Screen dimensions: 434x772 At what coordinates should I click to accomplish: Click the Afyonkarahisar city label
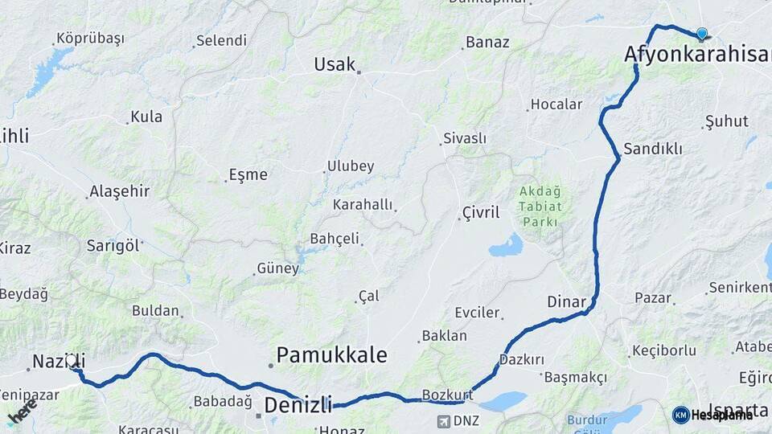tap(696, 55)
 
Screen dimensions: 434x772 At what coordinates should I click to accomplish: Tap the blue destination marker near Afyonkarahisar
tap(701, 34)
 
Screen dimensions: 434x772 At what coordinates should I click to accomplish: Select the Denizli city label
tap(298, 404)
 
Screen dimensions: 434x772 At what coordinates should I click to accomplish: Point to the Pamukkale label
tap(331, 354)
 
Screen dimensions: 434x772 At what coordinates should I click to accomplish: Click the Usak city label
tap(335, 63)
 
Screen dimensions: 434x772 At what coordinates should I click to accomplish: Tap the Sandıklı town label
tap(653, 149)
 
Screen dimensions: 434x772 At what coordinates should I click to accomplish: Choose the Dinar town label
tap(566, 302)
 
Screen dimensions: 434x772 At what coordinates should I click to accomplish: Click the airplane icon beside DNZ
tap(444, 420)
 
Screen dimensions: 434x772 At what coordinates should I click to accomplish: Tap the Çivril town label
tap(481, 213)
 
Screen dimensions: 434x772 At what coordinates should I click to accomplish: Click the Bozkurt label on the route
tap(446, 395)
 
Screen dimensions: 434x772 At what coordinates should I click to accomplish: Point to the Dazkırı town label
tap(522, 359)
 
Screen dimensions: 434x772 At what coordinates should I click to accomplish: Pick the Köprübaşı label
tap(90, 39)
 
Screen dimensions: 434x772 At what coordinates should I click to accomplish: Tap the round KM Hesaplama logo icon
tap(680, 415)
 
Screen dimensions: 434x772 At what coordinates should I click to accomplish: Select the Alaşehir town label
tap(120, 190)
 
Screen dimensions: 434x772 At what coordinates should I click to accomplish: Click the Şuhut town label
tap(726, 121)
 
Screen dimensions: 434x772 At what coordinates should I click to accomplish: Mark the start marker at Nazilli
tap(72, 362)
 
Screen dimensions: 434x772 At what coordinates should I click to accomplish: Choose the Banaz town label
tap(487, 42)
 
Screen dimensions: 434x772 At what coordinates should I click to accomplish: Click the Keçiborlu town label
tap(664, 350)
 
